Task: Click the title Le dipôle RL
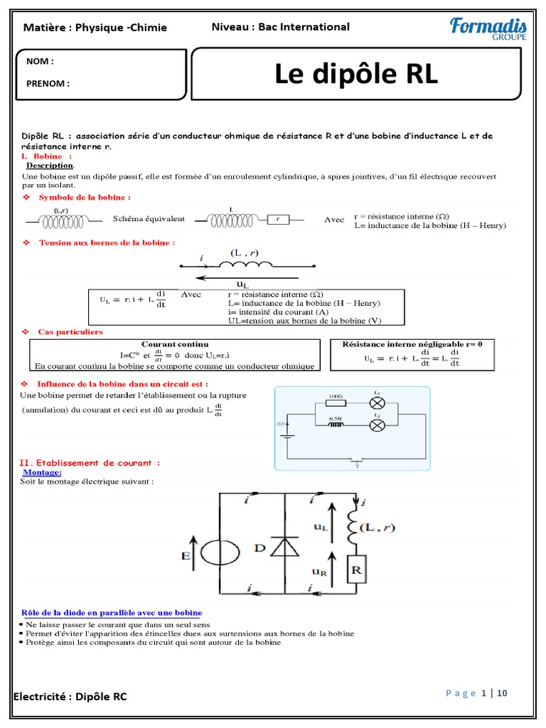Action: (357, 75)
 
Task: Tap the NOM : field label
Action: (40, 61)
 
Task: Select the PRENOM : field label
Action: (48, 83)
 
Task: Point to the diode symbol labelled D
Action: (284, 546)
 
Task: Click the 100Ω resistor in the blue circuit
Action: (335, 402)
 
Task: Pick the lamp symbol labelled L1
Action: (378, 403)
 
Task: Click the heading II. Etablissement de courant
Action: (89, 463)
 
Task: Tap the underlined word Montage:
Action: (43, 472)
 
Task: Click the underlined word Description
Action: (50, 166)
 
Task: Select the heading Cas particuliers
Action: (70, 332)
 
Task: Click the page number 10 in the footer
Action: (502, 694)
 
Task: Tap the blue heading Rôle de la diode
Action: (112, 612)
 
